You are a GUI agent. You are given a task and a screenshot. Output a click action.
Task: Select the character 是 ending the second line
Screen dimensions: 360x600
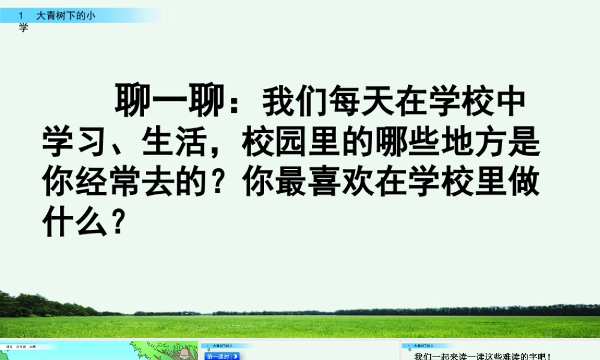click(x=526, y=142)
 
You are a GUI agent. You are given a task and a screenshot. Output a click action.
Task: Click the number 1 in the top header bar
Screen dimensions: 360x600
click(x=21, y=16)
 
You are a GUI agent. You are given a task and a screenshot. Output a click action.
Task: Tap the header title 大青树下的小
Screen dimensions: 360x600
click(x=65, y=16)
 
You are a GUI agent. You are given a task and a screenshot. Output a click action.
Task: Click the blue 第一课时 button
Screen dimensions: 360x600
click(x=222, y=356)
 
